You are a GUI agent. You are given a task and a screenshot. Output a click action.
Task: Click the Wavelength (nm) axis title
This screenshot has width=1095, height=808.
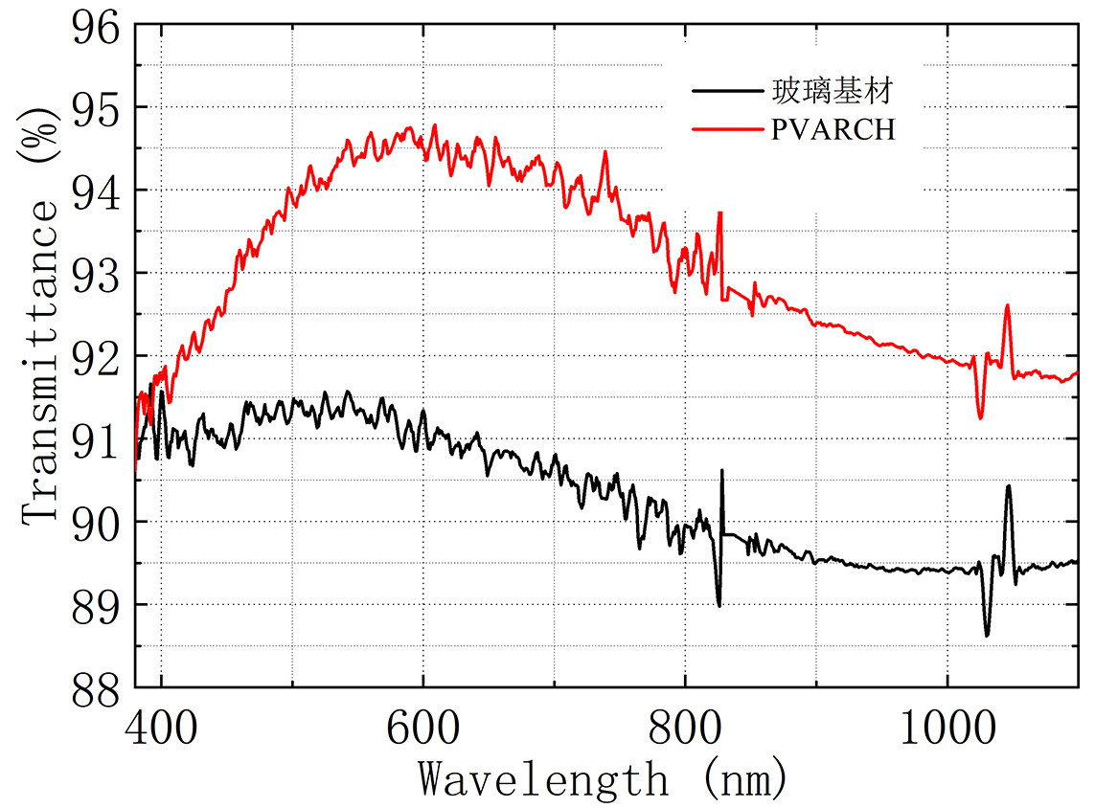tap(604, 777)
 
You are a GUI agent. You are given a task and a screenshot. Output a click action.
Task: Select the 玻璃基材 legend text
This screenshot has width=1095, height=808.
tap(833, 92)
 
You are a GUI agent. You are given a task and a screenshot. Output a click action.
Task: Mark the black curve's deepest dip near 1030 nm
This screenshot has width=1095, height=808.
tap(987, 635)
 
